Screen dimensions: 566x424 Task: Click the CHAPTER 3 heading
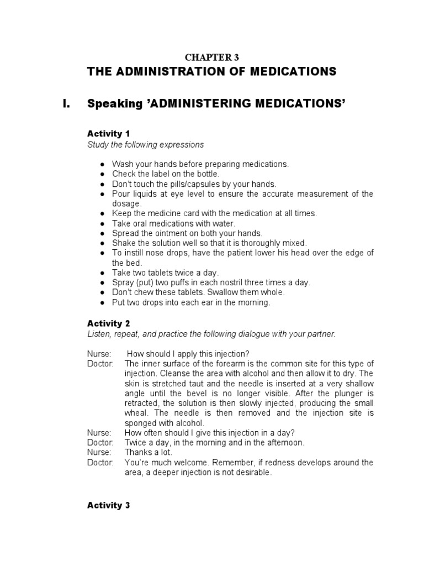(x=211, y=57)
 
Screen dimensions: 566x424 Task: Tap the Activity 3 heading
(x=109, y=505)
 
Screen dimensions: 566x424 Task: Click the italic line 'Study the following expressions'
(x=145, y=145)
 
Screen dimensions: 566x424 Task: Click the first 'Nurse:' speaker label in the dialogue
(x=99, y=353)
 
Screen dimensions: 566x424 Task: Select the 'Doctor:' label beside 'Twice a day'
(x=100, y=442)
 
